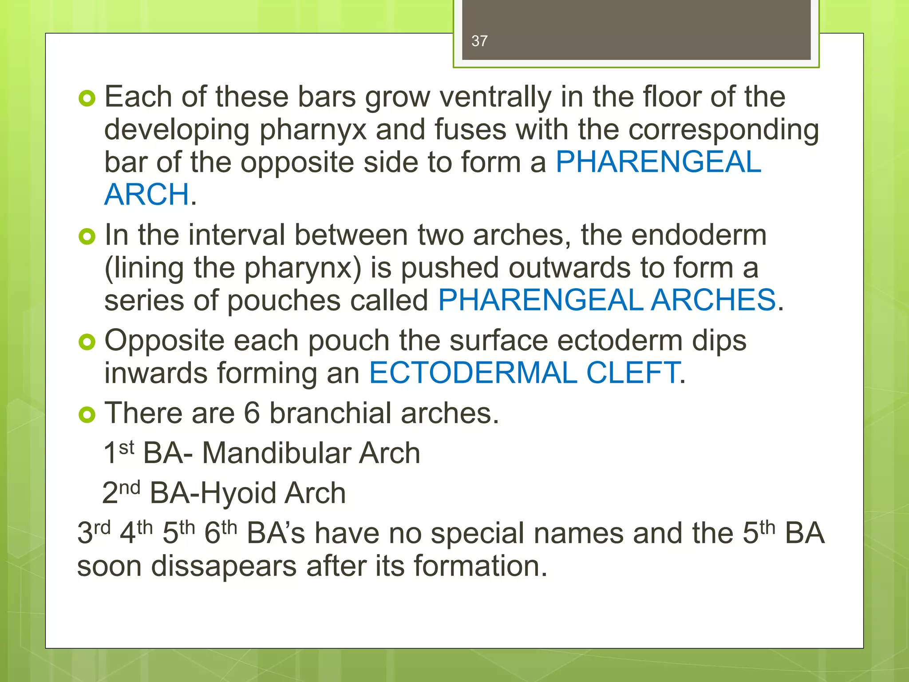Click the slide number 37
click(x=479, y=41)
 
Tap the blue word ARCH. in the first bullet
click(x=150, y=194)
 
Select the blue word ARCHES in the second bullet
click(x=714, y=300)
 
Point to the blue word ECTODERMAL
click(x=473, y=373)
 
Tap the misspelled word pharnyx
click(x=313, y=130)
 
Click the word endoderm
click(x=699, y=235)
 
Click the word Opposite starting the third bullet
click(x=164, y=341)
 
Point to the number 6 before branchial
click(x=252, y=413)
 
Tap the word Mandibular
click(x=275, y=453)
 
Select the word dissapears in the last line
click(x=224, y=566)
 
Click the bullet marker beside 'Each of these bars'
click(x=87, y=98)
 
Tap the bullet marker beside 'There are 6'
click(x=87, y=414)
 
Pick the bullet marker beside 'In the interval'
click(x=87, y=236)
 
